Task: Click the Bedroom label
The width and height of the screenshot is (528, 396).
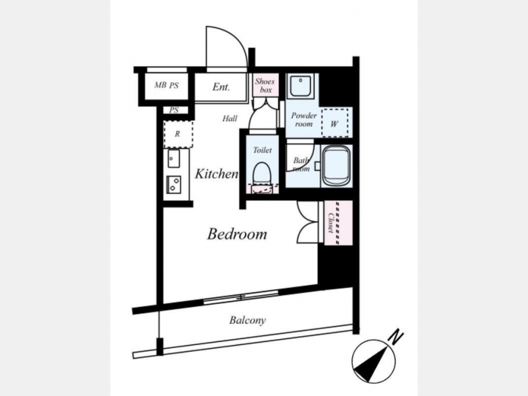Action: point(237,234)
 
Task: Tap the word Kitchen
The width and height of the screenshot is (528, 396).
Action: point(216,174)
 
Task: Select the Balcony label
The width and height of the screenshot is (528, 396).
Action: point(248,320)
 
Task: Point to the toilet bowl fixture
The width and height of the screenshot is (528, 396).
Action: point(262,173)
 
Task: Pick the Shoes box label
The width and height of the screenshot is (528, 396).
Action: point(265,85)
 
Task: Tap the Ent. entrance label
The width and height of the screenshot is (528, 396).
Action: point(221,87)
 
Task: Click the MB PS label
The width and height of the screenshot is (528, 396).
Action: point(167,85)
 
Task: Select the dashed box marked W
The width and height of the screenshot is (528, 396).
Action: point(335,123)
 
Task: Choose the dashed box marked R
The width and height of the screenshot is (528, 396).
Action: point(178,134)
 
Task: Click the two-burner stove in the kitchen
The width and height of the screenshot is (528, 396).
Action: point(174,185)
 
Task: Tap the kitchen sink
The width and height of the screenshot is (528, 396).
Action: point(174,158)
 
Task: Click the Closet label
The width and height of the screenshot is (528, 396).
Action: point(331,222)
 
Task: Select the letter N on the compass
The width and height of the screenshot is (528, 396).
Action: point(396,337)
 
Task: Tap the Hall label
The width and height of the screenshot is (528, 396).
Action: point(229,119)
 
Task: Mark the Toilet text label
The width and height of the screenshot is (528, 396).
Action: point(262,150)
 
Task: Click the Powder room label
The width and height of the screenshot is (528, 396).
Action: point(304,120)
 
